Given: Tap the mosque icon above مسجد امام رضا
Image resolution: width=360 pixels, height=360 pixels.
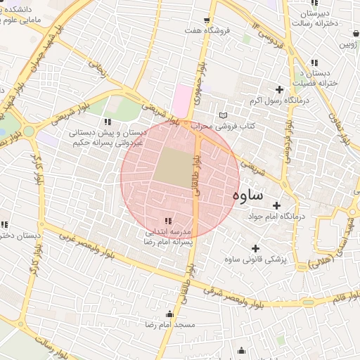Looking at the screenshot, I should (169, 314).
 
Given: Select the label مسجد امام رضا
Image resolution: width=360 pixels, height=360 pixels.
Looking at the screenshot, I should (169, 326).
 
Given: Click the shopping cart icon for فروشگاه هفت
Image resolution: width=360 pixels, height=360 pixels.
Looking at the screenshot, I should (206, 20).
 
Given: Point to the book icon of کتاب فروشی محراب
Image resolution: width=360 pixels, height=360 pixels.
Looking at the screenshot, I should (224, 115).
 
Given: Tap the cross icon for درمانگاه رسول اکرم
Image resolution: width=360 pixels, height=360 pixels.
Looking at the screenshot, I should (280, 89).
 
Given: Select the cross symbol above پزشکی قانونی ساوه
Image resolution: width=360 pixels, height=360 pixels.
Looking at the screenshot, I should (255, 248).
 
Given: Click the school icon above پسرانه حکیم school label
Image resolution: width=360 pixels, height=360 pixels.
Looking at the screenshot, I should (107, 122).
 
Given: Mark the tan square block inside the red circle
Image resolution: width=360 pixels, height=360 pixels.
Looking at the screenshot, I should (174, 167).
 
